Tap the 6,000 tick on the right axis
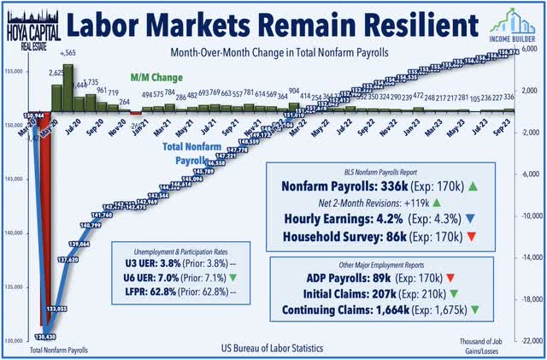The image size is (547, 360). [530, 50]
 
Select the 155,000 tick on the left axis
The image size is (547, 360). [15, 76]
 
